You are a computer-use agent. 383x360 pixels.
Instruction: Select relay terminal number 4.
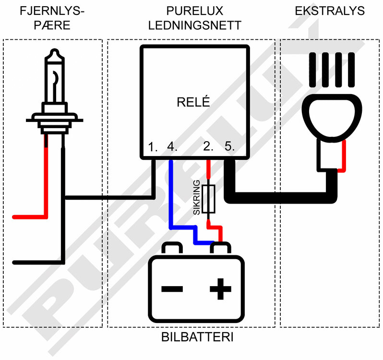coord(172,147)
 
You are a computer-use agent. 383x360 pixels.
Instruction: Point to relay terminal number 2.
coord(208,147)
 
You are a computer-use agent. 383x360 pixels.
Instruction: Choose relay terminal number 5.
coord(229,147)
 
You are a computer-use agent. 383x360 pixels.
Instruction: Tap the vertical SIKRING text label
coord(196,199)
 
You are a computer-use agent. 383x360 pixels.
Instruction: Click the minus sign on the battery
coord(172,289)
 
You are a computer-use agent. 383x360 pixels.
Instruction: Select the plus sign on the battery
coord(220,289)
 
